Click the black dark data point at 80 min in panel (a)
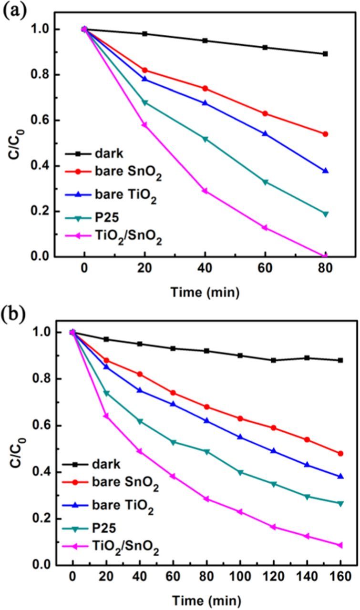pyautogui.click(x=325, y=54)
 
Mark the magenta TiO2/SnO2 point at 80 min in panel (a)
pyautogui.click(x=325, y=256)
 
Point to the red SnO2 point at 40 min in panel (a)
pyautogui.click(x=205, y=89)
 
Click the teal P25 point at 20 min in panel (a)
pyautogui.click(x=145, y=102)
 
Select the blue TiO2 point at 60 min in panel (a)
pyautogui.click(x=265, y=134)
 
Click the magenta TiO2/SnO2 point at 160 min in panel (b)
pyautogui.click(x=340, y=545)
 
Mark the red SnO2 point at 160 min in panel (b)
pyautogui.click(x=340, y=454)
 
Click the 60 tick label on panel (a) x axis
pyautogui.click(x=265, y=270)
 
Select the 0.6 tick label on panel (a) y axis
pyautogui.click(x=42, y=121)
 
